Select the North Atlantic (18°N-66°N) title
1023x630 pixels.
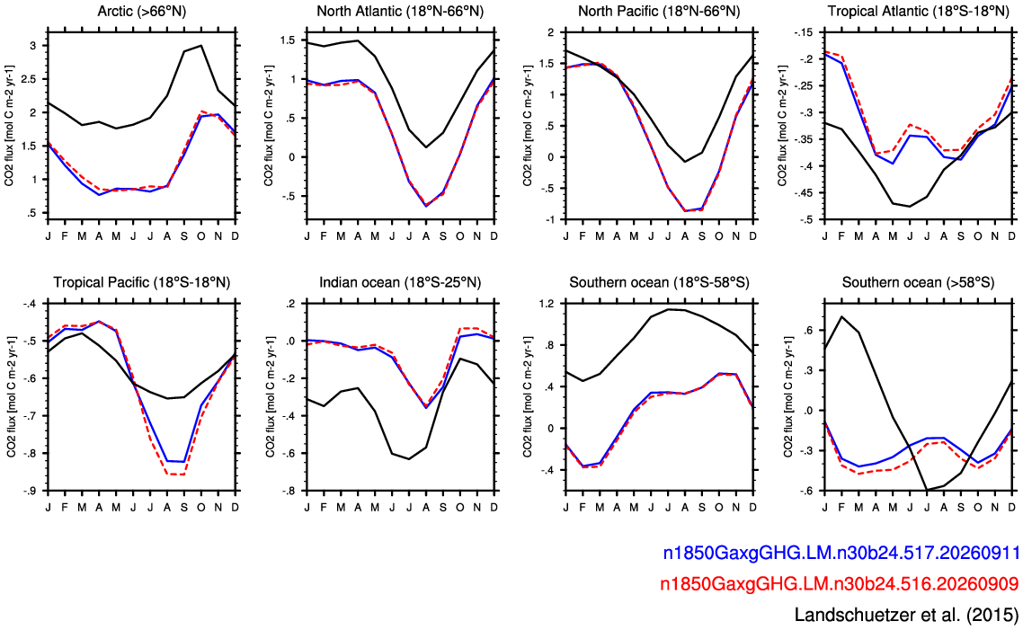pos(400,11)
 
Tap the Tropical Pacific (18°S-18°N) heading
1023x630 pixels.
pos(141,282)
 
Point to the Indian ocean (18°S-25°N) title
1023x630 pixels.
pos(400,282)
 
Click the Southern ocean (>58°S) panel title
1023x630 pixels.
pos(918,282)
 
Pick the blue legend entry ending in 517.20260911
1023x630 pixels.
pos(841,553)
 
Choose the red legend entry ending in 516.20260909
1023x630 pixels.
pos(840,582)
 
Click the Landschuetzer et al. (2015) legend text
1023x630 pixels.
pos(906,614)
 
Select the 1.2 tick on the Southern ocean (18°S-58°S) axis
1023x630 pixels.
pos(546,303)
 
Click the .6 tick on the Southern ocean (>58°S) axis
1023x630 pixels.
pos(808,331)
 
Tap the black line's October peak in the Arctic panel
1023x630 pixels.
pos(201,46)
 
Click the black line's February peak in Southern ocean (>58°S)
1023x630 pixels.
pos(841,316)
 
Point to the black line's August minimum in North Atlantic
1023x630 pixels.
pos(426,147)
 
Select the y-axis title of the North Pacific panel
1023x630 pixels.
pos(528,125)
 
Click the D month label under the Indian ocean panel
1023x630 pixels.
pos(494,507)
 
